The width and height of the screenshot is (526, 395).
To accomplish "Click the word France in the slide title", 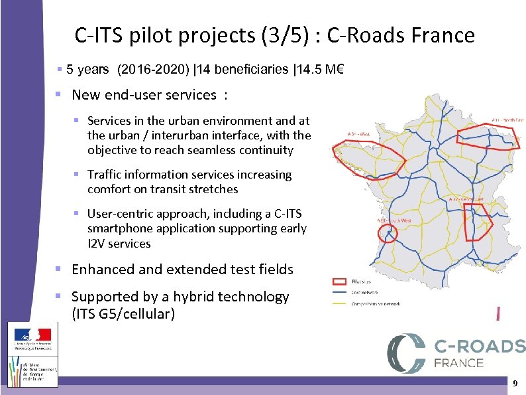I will pyautogui.click(x=444, y=35).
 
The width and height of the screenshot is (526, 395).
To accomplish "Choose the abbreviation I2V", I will pyautogui.click(x=97, y=244).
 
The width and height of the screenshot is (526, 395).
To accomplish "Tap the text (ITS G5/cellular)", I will pyautogui.click(x=123, y=313).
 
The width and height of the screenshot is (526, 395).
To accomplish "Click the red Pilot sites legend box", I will pyautogui.click(x=339, y=281).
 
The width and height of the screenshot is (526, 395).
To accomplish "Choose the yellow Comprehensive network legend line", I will pyautogui.click(x=339, y=303).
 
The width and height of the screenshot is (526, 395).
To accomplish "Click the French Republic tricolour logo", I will pyautogui.click(x=32, y=335).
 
